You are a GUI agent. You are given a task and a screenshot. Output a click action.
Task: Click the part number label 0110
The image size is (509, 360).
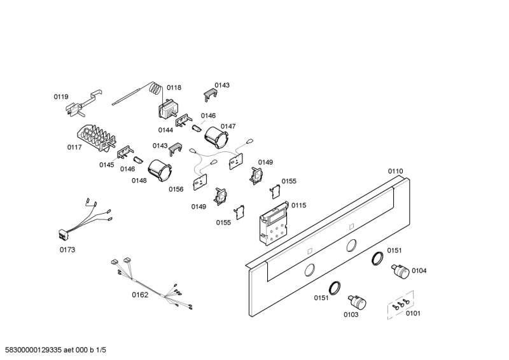(395, 171)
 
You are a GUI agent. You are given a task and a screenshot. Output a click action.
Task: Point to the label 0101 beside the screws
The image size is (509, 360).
(413, 313)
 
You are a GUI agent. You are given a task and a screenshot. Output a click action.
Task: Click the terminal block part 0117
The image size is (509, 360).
(94, 137)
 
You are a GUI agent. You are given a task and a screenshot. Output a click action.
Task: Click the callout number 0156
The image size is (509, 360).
(176, 189)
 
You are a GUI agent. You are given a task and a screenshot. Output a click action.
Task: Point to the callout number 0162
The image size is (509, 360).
(140, 294)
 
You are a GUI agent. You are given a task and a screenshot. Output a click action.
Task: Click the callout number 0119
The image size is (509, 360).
(60, 97)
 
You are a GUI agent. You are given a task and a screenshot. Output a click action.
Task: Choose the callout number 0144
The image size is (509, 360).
(165, 130)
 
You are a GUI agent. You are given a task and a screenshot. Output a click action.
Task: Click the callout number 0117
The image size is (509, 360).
(75, 148)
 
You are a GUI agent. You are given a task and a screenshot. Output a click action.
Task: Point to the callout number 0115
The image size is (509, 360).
(298, 205)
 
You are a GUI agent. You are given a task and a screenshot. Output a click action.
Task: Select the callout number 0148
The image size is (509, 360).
(139, 181)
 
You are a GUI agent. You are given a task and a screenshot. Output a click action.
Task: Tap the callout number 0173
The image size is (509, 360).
(67, 250)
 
